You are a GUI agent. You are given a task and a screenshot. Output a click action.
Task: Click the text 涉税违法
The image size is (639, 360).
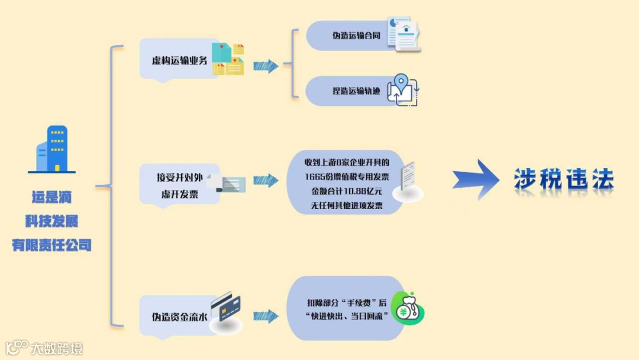(x=563, y=179)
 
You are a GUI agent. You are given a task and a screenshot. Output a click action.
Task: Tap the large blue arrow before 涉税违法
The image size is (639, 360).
(x=477, y=179)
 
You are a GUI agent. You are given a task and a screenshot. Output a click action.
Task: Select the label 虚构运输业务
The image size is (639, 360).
(x=179, y=60)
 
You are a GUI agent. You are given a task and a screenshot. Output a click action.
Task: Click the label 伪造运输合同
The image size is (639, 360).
(x=356, y=35)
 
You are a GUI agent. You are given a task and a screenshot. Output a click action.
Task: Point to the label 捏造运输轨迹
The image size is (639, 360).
(x=356, y=91)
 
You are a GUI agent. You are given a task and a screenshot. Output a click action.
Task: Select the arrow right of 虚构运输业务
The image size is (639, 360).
(x=266, y=66)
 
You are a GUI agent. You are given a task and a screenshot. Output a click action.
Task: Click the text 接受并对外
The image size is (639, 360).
(x=180, y=177)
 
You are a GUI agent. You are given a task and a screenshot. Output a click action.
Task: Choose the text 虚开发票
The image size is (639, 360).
(x=180, y=194)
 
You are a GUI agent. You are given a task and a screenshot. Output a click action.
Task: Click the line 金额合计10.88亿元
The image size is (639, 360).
(x=347, y=192)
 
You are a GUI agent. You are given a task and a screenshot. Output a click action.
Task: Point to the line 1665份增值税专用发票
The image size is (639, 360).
(x=347, y=176)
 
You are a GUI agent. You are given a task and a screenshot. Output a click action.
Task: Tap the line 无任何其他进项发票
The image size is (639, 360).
(x=347, y=207)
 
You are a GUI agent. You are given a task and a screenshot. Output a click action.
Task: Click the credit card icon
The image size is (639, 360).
(x=225, y=307)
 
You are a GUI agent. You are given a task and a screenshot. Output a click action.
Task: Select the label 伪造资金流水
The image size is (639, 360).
(x=179, y=317)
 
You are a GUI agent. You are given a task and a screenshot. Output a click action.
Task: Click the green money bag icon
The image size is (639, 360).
(x=408, y=308)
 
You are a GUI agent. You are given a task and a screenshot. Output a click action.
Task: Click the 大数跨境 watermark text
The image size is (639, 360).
(x=57, y=348)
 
